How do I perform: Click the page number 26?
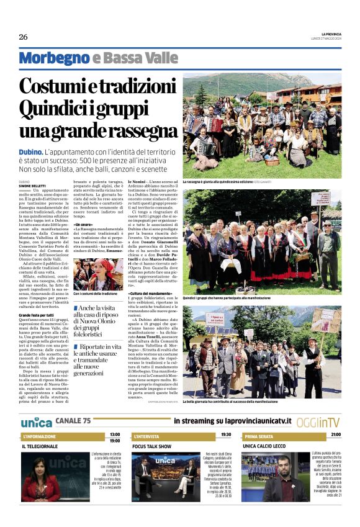pos(24,37)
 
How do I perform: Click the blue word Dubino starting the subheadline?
pos(30,151)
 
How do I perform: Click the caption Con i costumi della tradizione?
pos(95,294)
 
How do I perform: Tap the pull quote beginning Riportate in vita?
pos(98,355)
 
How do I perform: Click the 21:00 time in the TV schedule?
pos(335,435)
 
